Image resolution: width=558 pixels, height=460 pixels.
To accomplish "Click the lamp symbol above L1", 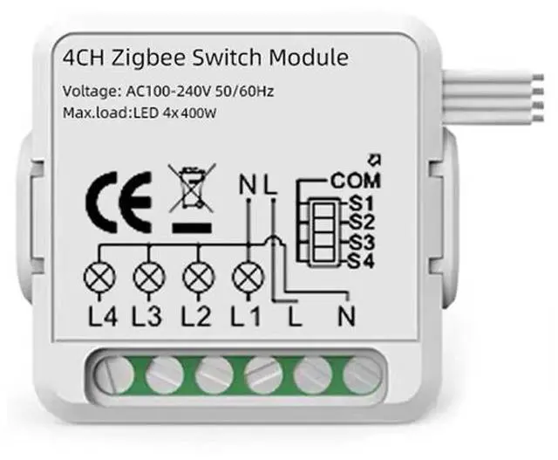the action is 248,278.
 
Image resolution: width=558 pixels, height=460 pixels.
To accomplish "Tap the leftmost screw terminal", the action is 112,374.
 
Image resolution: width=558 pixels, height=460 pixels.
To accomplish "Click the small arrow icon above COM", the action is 376,161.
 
